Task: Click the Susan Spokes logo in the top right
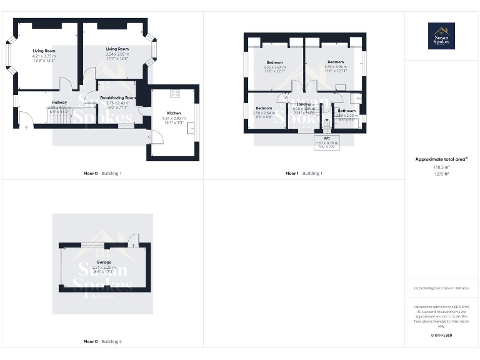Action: click(441, 36)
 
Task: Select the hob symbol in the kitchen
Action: click(175, 94)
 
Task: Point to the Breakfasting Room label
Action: click(117, 98)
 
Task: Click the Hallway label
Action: click(59, 102)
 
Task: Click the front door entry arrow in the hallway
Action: click(26, 129)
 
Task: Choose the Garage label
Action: click(104, 262)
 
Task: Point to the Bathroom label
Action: click(346, 111)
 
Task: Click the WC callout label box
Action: click(327, 141)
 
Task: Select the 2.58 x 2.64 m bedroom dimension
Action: click(264, 113)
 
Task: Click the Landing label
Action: click(304, 104)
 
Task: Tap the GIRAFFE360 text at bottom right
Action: click(441, 336)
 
